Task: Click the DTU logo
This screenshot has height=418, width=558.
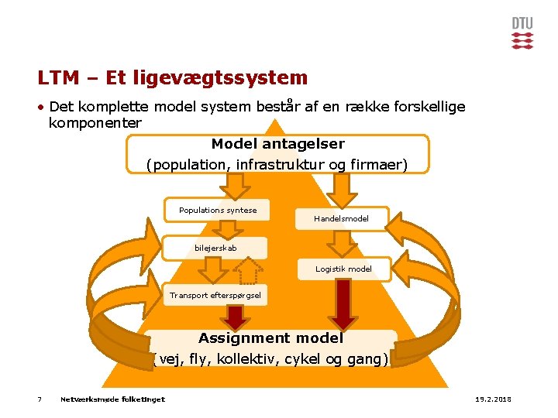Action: (522, 33)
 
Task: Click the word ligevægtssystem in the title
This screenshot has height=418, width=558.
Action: (221, 78)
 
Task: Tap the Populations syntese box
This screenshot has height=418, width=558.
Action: (218, 211)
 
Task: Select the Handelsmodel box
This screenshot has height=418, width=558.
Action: (341, 219)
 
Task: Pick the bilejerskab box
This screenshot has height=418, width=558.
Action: (215, 248)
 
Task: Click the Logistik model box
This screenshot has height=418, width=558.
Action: (343, 269)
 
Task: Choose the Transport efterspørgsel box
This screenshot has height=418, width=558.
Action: (215, 295)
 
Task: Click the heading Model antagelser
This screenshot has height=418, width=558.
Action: (277, 144)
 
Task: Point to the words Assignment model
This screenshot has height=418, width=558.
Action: (270, 338)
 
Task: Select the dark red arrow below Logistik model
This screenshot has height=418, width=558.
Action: (342, 304)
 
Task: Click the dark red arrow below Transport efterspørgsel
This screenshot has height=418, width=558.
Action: (233, 317)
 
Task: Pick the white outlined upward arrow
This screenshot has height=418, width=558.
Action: (247, 271)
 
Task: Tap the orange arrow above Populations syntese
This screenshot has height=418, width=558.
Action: (234, 186)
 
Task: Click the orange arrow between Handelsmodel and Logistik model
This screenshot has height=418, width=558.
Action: (341, 243)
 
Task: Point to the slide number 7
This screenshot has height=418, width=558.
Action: (40, 399)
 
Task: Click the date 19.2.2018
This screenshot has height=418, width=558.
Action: (492, 399)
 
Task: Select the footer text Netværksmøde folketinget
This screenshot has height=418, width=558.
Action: (112, 399)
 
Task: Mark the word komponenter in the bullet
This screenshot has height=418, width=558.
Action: (95, 123)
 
